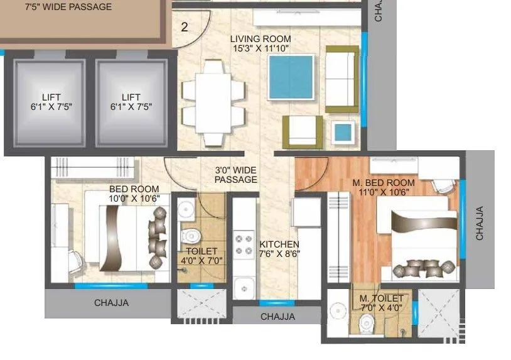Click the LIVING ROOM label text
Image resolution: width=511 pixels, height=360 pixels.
coord(260,39)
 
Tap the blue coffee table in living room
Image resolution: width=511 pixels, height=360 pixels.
coord(289,77)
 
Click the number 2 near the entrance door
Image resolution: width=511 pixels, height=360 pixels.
coord(185,27)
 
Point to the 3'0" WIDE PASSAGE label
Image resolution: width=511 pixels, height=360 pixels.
coord(235,175)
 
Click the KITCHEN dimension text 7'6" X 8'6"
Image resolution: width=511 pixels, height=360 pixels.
coord(280,254)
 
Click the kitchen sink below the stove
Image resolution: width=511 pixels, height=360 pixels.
coord(243,288)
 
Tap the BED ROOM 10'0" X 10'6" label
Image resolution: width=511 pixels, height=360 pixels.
coord(134,194)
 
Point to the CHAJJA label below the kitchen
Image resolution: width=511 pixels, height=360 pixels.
coord(277,317)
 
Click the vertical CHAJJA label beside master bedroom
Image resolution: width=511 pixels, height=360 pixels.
coord(480,223)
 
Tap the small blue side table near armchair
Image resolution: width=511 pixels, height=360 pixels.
coord(342,132)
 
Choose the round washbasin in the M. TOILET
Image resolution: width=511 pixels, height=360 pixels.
coord(338,314)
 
